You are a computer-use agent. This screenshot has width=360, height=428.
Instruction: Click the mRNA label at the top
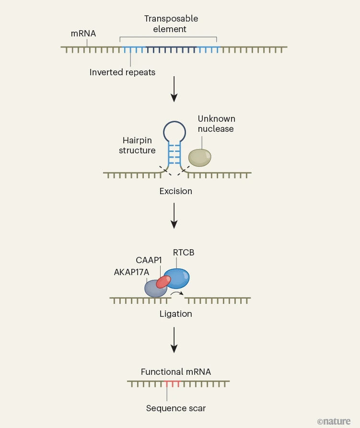point(83,34)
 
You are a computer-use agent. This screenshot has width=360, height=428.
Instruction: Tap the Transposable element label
point(171,23)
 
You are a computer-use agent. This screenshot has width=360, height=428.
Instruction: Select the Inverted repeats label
point(122,72)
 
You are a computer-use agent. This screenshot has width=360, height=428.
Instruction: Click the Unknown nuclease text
point(216,124)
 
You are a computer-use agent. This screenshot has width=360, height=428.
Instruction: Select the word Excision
point(176,191)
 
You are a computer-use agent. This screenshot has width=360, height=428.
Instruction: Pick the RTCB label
point(184,253)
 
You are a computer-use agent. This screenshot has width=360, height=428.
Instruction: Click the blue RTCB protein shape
point(178,278)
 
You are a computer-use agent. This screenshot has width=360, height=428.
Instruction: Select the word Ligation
point(176,314)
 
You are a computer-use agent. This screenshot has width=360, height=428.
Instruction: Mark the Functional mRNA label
point(176,372)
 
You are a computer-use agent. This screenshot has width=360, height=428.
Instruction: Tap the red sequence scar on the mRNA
point(172,383)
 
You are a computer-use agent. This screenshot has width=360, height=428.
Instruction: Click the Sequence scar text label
point(176,408)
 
